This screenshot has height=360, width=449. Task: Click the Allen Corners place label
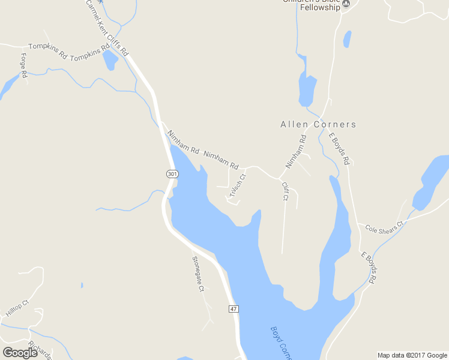[x=318, y=125]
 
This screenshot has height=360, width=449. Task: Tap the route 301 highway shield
[x=172, y=174]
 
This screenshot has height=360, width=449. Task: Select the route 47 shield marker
[x=234, y=308]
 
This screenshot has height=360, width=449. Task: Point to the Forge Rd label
[x=24, y=65]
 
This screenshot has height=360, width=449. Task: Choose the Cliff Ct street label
[x=285, y=191]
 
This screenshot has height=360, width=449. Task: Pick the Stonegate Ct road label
[x=198, y=274]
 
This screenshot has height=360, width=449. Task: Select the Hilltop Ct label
[x=17, y=309]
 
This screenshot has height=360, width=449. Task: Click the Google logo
[x=20, y=353]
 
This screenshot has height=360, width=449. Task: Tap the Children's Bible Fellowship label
[x=312, y=5]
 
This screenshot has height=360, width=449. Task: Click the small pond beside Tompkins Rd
[x=110, y=60]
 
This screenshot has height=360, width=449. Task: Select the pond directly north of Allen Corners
[x=307, y=91]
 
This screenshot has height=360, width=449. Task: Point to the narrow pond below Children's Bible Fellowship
[x=347, y=39]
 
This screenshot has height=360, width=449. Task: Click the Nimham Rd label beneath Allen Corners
[x=297, y=151]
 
